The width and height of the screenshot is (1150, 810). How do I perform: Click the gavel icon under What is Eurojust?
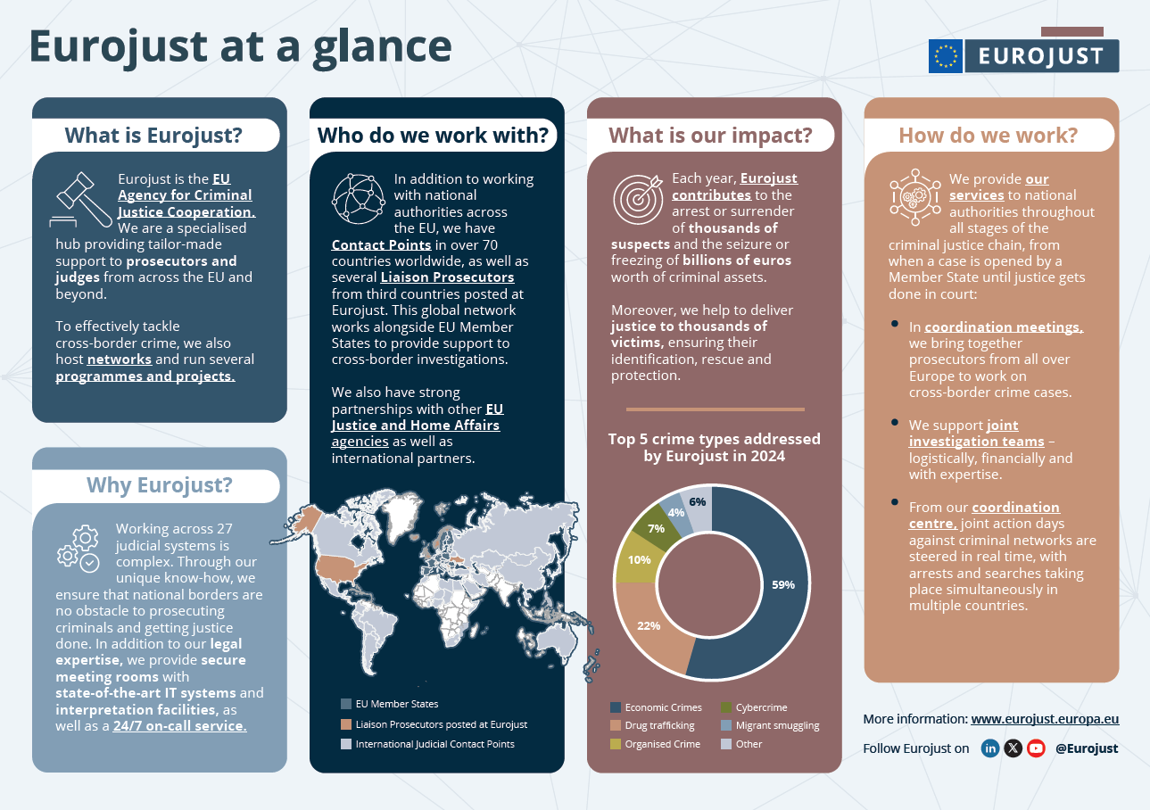tap(82, 197)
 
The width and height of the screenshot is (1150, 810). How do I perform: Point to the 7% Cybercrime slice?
tap(656, 527)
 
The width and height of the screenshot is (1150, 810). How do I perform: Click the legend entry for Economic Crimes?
tap(657, 707)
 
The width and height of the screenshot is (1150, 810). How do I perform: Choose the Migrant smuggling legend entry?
tap(769, 725)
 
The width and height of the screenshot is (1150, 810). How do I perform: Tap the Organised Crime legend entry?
tap(656, 744)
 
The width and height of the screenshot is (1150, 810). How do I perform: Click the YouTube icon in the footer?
tap(1036, 748)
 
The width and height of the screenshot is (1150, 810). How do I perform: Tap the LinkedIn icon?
tap(989, 748)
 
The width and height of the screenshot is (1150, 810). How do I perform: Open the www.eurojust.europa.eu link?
tap(1045, 719)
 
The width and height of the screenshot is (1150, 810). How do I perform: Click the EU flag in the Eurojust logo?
tap(945, 56)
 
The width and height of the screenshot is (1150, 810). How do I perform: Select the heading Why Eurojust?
tap(159, 484)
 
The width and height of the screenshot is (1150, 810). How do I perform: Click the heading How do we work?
tap(988, 136)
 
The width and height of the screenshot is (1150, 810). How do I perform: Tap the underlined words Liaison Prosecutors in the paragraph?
tap(447, 277)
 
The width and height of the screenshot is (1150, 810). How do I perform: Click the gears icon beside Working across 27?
tap(78, 546)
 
